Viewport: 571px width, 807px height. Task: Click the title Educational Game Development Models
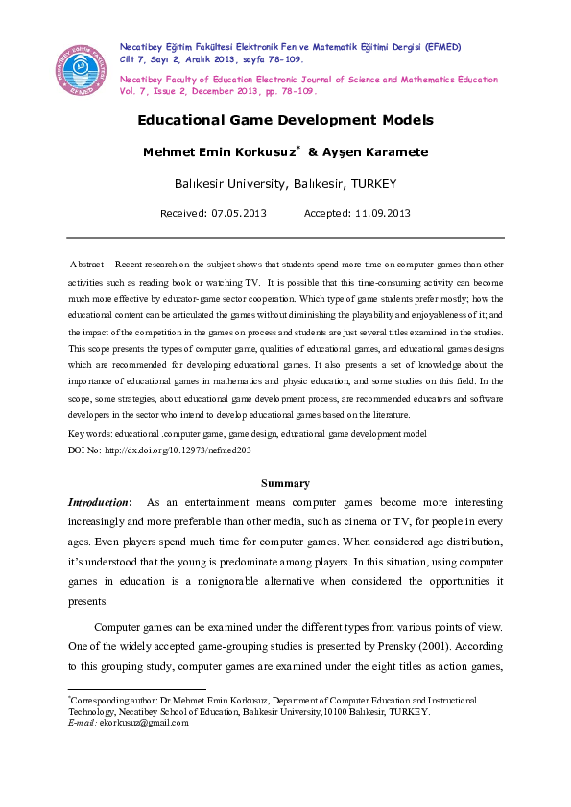285,121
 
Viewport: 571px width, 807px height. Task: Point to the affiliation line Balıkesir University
285,183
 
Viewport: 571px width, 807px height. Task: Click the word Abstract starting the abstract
90,264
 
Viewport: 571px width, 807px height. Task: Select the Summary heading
285,484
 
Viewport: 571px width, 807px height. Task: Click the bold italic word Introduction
99,502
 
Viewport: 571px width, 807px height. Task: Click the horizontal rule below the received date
285,237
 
